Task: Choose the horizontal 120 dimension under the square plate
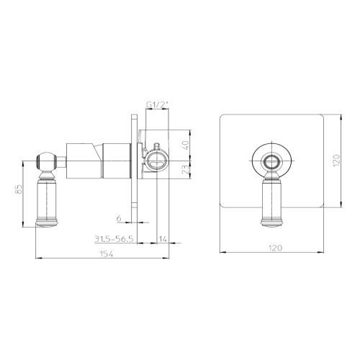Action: point(272,248)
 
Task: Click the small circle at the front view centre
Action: point(271,160)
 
